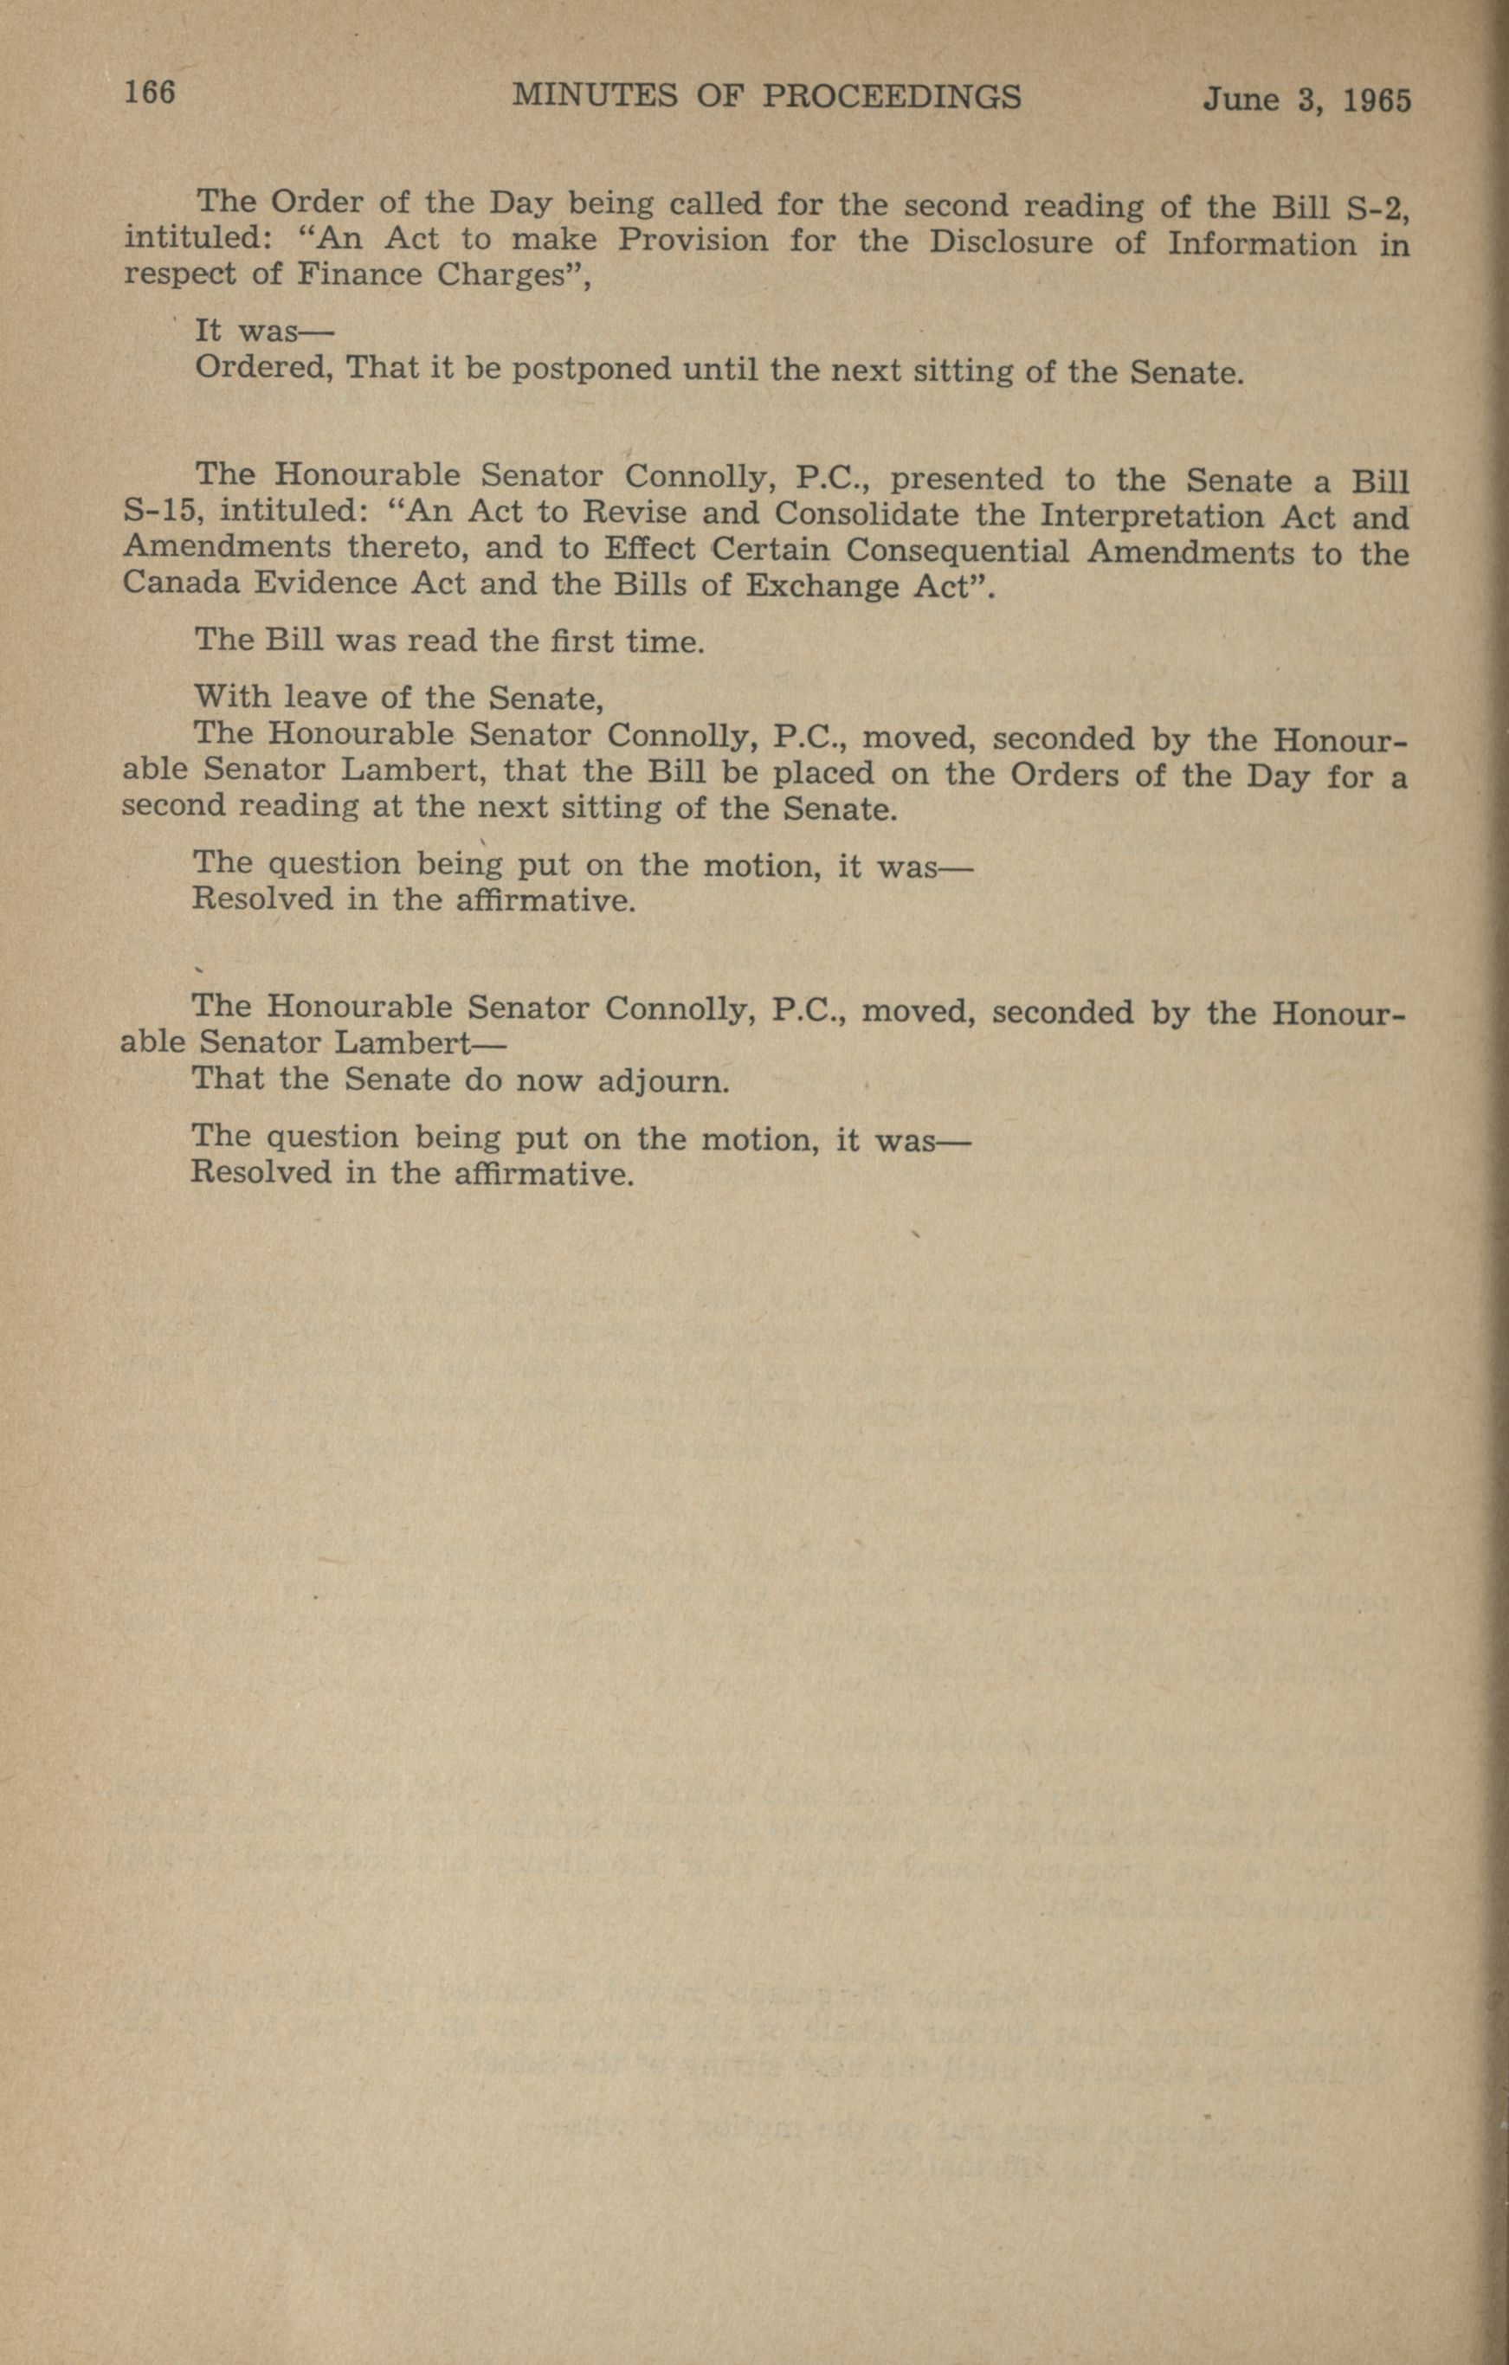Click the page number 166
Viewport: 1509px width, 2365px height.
coord(149,93)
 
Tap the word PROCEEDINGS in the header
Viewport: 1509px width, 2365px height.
coord(892,96)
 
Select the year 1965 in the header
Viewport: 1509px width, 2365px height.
coord(1377,100)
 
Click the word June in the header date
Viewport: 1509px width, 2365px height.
coord(1241,100)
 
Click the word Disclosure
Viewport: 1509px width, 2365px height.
coord(1010,242)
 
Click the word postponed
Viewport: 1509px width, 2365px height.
coord(592,370)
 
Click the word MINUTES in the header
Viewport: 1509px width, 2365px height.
coord(596,95)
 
